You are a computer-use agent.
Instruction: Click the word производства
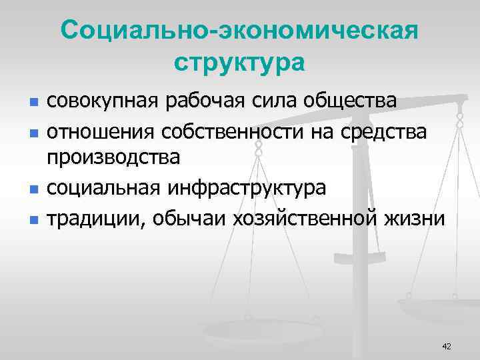coord(113,158)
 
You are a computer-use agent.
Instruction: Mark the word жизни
coord(415,217)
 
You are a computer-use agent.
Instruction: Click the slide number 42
coord(447,346)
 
